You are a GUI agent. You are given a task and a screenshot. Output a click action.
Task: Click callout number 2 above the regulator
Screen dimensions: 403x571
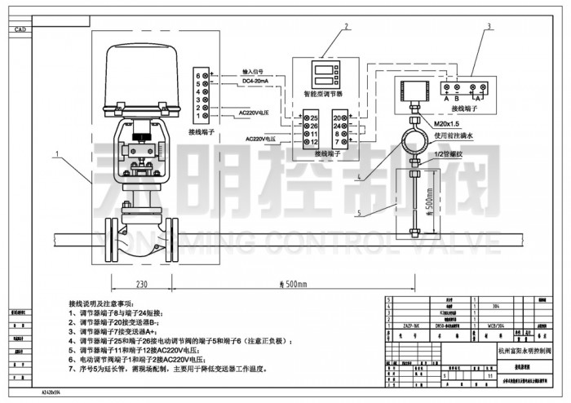tap(346, 26)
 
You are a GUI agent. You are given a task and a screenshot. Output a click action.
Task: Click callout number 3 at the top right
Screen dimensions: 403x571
tap(489, 26)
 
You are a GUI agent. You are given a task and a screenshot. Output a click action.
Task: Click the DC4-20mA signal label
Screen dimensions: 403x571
tap(258, 81)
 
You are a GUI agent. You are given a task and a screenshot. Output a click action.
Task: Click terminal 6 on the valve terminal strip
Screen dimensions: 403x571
tap(197, 75)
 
